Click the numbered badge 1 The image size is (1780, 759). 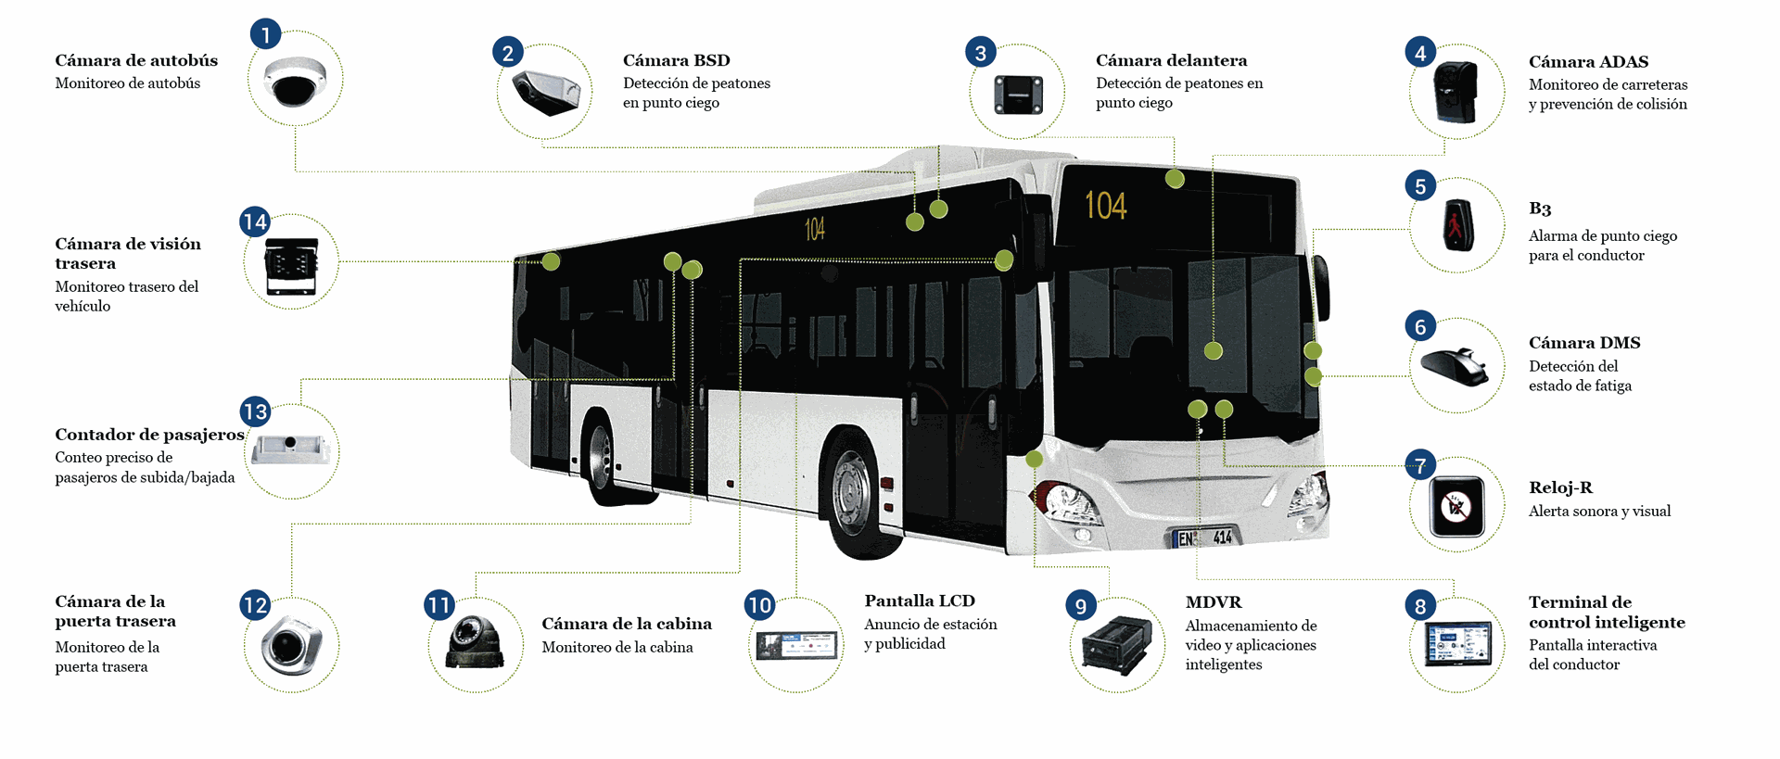coord(265,34)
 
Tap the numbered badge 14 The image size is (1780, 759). coord(254,221)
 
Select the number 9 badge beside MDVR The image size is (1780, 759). coord(1081,605)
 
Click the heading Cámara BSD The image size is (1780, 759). coord(676,60)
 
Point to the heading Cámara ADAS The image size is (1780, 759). coord(1588,62)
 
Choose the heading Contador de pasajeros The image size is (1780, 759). coord(149,435)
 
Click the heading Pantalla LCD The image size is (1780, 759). coord(919,601)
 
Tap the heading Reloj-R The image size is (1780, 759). coord(1560,487)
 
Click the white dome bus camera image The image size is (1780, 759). coord(295,81)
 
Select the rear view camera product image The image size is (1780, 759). coord(291,265)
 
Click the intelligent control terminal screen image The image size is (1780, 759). coord(1457,643)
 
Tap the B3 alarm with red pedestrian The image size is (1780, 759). coord(1457,225)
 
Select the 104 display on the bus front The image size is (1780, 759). coord(1105,206)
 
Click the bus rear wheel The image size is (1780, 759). coord(603,459)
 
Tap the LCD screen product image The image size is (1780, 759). coord(796,644)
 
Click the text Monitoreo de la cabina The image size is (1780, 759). coord(617,647)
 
